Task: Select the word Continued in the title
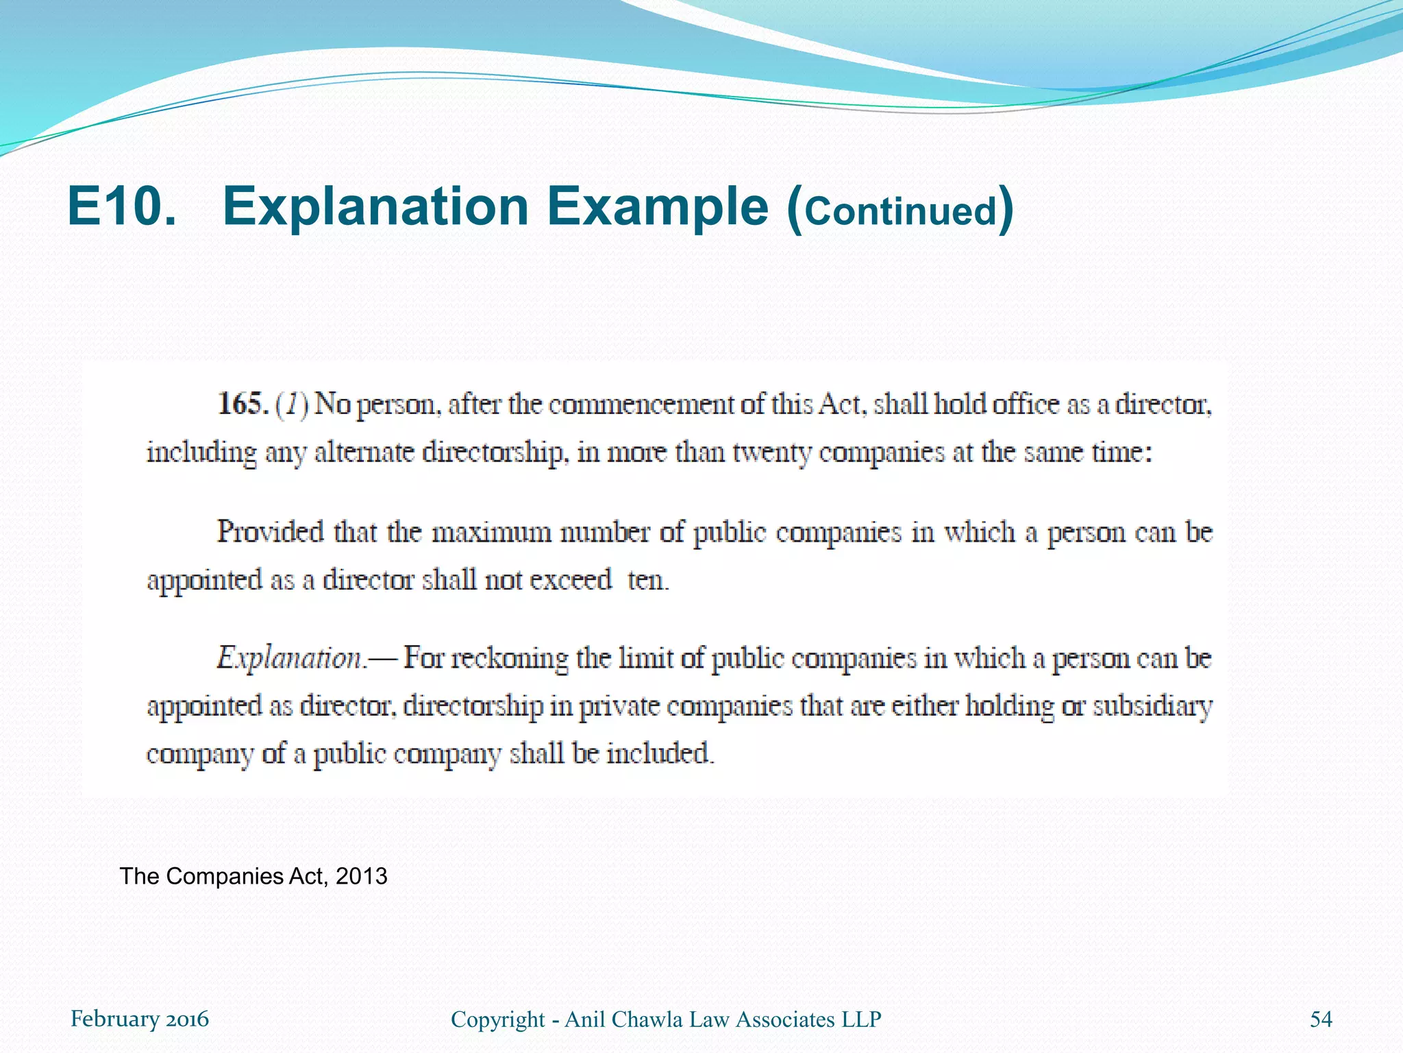tap(900, 211)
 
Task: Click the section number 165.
tap(243, 404)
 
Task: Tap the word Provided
tap(270, 532)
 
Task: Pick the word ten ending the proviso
tap(647, 580)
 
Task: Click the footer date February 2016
tap(140, 1019)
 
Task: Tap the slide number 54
tap(1321, 1019)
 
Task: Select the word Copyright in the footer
tap(497, 1020)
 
